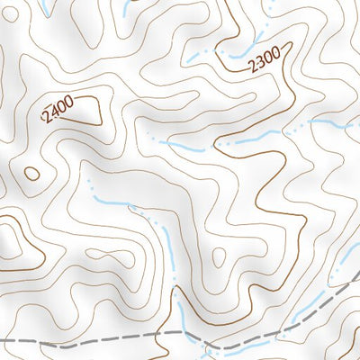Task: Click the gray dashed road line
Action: (108, 340)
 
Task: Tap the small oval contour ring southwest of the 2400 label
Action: (31, 174)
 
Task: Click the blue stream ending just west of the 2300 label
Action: (202, 56)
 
